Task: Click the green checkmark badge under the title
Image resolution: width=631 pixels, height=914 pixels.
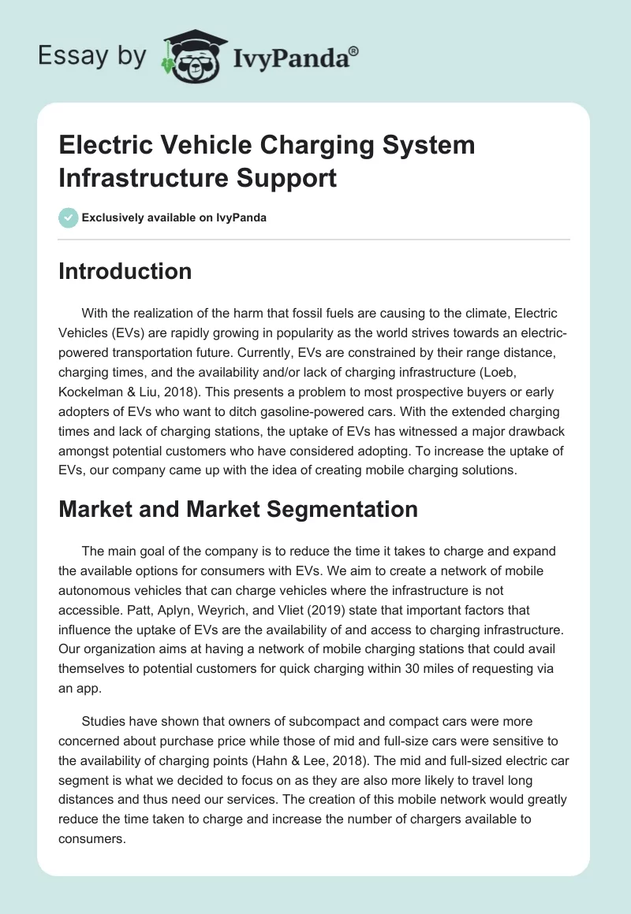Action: point(69,217)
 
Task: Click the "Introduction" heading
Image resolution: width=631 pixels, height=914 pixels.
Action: point(125,272)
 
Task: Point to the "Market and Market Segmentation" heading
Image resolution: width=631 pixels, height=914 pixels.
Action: point(238,509)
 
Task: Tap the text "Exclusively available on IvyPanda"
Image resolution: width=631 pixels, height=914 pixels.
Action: point(174,217)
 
